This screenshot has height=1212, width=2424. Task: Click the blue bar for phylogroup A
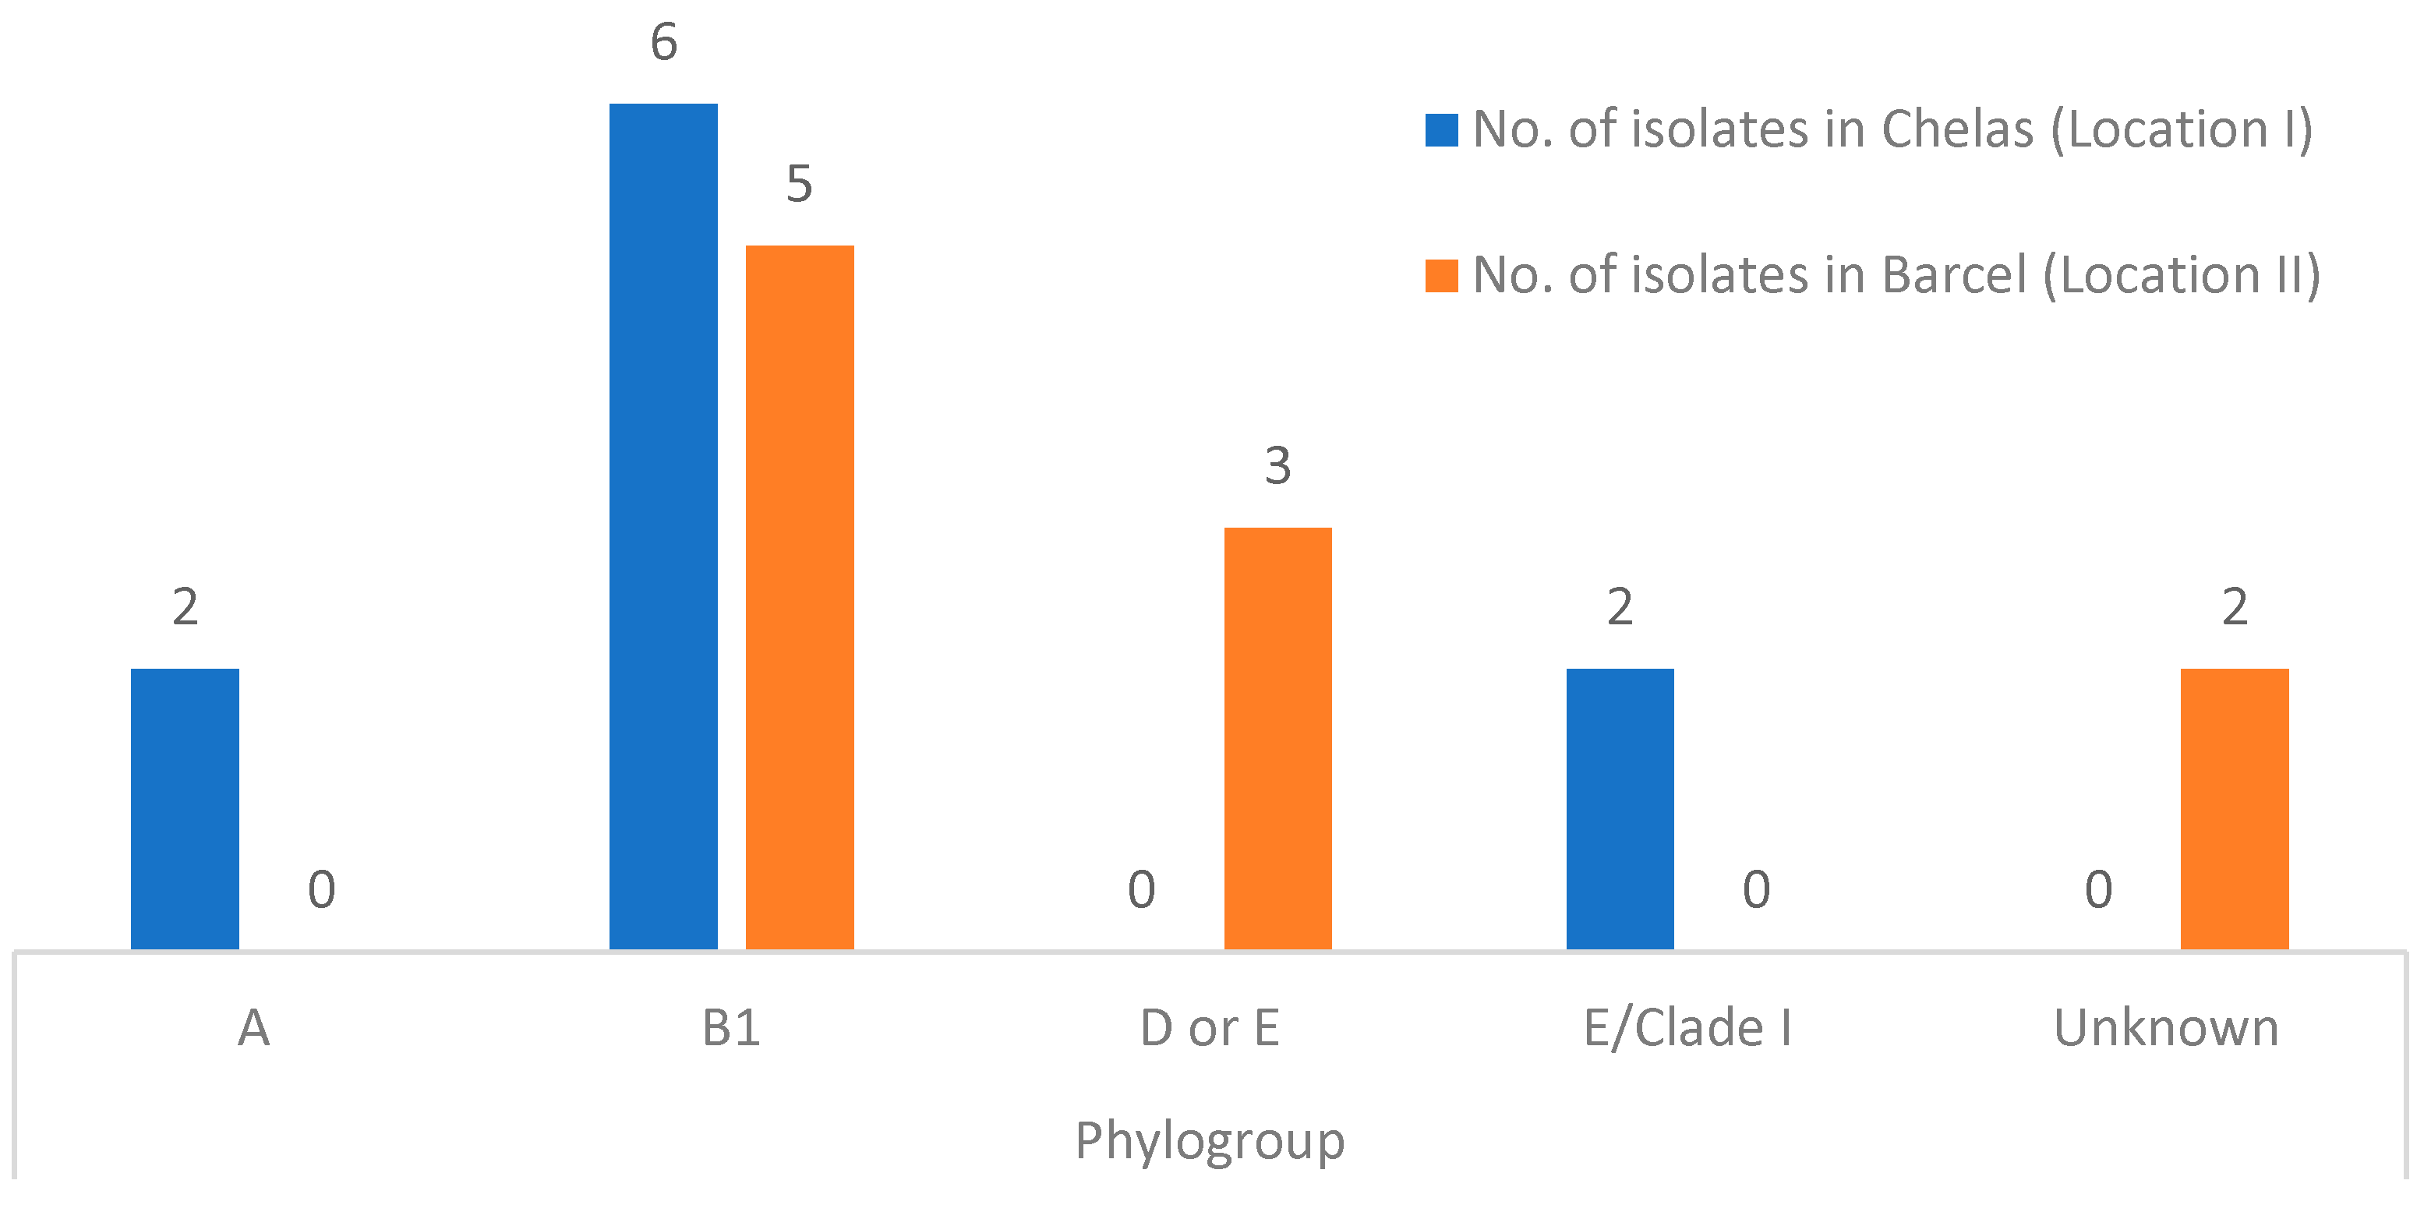tap(185, 808)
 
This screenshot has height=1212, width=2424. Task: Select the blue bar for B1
tap(663, 526)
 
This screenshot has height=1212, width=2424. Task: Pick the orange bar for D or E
tap(1278, 738)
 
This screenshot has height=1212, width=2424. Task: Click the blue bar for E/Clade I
tap(1620, 808)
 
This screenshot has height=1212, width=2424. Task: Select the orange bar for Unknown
tap(2235, 808)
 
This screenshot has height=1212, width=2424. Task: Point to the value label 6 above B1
tap(663, 42)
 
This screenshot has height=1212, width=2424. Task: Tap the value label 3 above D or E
tap(1278, 466)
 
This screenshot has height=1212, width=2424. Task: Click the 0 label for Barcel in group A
tap(322, 889)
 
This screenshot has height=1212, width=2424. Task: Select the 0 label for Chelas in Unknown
tap(2098, 889)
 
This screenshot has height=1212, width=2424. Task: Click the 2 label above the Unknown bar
tap(2235, 607)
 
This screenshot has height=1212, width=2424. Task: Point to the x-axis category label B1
tap(731, 1027)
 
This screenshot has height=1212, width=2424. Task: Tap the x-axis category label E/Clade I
tap(1687, 1027)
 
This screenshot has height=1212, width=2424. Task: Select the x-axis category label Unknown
tap(2166, 1027)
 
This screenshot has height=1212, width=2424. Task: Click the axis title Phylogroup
tap(1210, 1141)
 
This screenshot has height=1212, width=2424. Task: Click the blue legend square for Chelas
tap(1442, 130)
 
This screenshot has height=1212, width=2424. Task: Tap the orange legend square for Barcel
tap(1442, 276)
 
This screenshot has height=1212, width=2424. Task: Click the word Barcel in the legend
tap(1953, 276)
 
